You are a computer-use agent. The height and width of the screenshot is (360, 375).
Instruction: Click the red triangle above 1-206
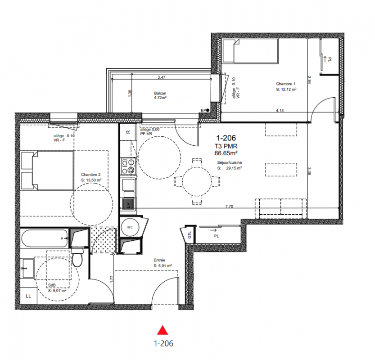coord(163,330)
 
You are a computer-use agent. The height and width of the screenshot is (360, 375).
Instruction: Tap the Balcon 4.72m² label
coord(160,95)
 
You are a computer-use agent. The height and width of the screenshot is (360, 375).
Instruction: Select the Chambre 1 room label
coord(286,84)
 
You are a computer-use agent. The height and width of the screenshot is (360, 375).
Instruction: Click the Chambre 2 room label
coord(90,175)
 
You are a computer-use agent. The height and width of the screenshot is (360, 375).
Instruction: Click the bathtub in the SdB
coord(45,238)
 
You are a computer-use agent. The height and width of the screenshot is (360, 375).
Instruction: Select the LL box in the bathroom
coord(28,296)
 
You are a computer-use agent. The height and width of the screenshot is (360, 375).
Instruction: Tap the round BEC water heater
coord(130,227)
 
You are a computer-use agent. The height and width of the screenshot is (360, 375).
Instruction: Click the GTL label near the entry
coord(190,235)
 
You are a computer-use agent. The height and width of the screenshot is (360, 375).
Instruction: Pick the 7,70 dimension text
coord(229,206)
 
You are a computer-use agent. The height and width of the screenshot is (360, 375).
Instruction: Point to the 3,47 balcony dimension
coord(162,77)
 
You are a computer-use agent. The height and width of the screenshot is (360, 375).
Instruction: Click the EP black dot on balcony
coord(208,110)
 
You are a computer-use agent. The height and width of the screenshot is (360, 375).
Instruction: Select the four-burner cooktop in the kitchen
coord(128,166)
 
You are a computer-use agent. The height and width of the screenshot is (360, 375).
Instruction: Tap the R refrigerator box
coord(128,132)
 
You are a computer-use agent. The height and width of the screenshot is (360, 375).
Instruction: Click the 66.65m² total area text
coord(226,153)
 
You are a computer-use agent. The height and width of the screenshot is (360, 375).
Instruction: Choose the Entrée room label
coord(159,260)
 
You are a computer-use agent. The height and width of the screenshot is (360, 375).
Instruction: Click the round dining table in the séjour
coord(197,182)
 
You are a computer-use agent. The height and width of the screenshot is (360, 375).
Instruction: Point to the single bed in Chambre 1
coord(250,51)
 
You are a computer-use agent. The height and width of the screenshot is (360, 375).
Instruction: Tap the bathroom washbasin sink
coord(27,268)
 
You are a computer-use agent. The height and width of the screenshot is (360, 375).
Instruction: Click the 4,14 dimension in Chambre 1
coord(280,110)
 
